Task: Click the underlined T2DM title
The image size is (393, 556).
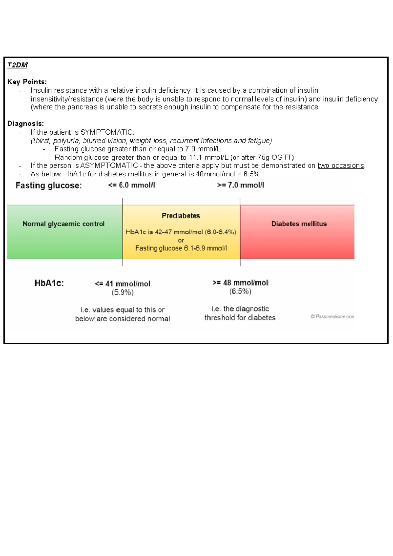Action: click(17, 65)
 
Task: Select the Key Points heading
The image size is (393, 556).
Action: click(27, 82)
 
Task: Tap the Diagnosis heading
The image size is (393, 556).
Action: click(26, 124)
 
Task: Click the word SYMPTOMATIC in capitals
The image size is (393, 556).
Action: click(106, 132)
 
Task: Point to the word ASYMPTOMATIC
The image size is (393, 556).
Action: click(109, 166)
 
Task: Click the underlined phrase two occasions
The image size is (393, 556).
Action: click(341, 166)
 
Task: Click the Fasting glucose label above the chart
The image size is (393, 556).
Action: click(48, 186)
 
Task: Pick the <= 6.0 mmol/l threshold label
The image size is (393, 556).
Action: click(131, 185)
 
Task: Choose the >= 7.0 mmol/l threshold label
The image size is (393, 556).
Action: click(240, 185)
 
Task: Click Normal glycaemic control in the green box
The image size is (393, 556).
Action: click(64, 224)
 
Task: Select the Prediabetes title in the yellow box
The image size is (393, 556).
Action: click(181, 216)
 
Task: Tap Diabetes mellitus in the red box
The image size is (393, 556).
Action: click(299, 224)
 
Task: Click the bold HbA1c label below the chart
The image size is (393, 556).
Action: click(49, 283)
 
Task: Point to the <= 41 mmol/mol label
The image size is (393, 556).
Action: click(122, 284)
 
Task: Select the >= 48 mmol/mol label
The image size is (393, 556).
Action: click(240, 283)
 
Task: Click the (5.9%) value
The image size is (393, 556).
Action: click(122, 292)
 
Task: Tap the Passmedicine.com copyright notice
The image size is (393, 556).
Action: click(332, 317)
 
